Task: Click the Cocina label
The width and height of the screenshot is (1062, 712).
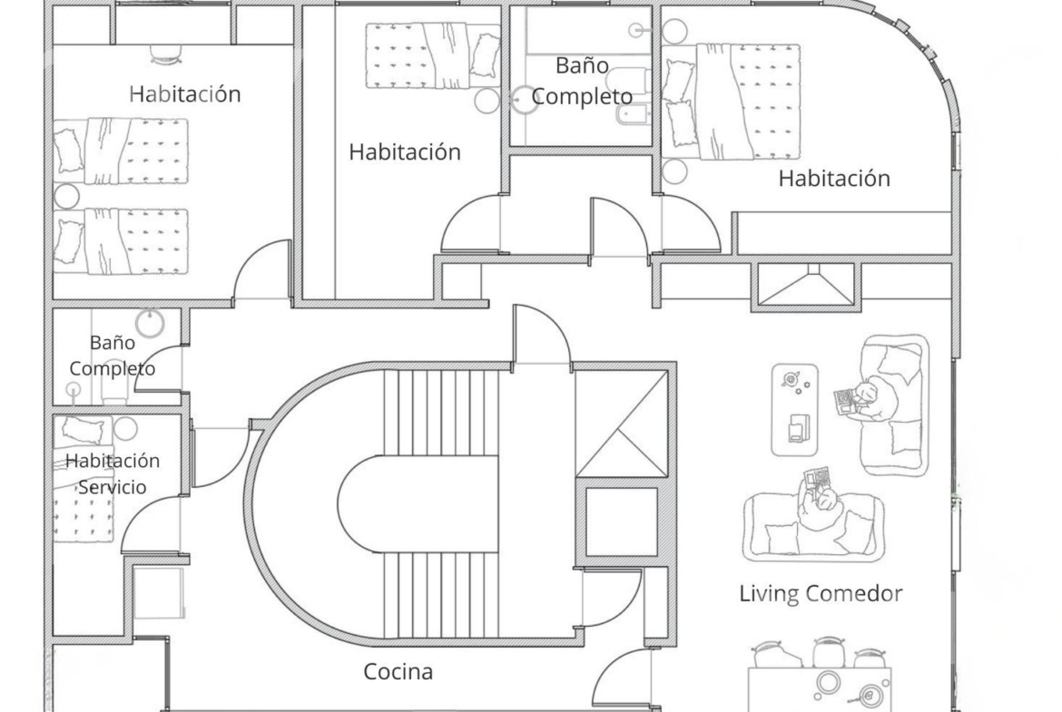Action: click(398, 671)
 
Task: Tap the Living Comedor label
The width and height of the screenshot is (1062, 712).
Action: click(821, 593)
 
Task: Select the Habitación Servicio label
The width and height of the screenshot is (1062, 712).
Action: click(113, 473)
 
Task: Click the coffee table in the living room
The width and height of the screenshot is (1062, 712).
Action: click(794, 410)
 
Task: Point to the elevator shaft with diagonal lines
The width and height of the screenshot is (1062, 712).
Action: click(621, 423)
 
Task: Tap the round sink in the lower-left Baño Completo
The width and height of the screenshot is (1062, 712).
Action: click(150, 323)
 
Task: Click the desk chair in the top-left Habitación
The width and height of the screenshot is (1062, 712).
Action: click(167, 54)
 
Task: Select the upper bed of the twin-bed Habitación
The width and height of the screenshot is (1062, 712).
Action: click(121, 151)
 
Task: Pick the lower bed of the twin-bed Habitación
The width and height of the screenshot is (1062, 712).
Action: click(121, 241)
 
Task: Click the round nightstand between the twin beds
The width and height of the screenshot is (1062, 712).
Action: click(66, 196)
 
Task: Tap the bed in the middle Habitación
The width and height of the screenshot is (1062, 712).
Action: click(433, 55)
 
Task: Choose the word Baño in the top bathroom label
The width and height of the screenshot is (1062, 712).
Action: click(582, 65)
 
